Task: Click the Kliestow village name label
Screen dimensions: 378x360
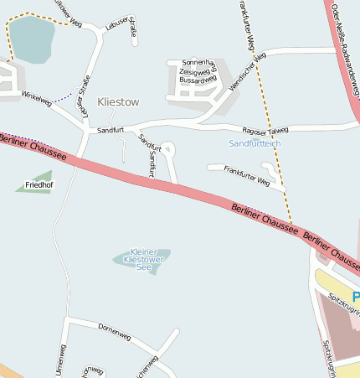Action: tap(118, 101)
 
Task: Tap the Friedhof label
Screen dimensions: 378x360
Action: tap(39, 184)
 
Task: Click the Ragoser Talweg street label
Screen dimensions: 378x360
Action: tap(265, 130)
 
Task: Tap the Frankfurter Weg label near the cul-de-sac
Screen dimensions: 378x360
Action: tap(248, 176)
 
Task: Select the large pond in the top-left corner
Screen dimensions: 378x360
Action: tap(30, 39)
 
